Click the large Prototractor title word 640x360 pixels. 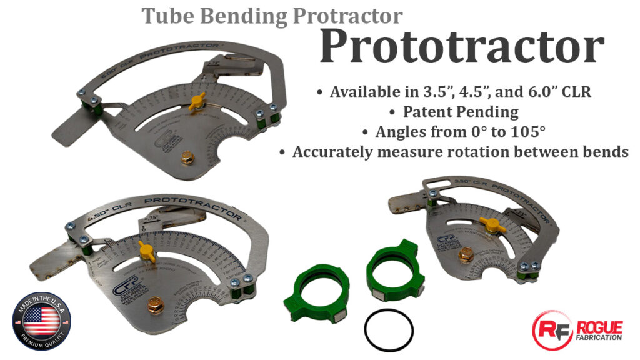461,47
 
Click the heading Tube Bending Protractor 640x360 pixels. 272,14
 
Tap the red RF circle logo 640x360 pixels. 550,329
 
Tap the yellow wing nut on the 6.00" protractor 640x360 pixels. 197,101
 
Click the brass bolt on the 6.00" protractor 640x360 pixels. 187,157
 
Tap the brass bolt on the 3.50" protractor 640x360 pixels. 464,255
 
